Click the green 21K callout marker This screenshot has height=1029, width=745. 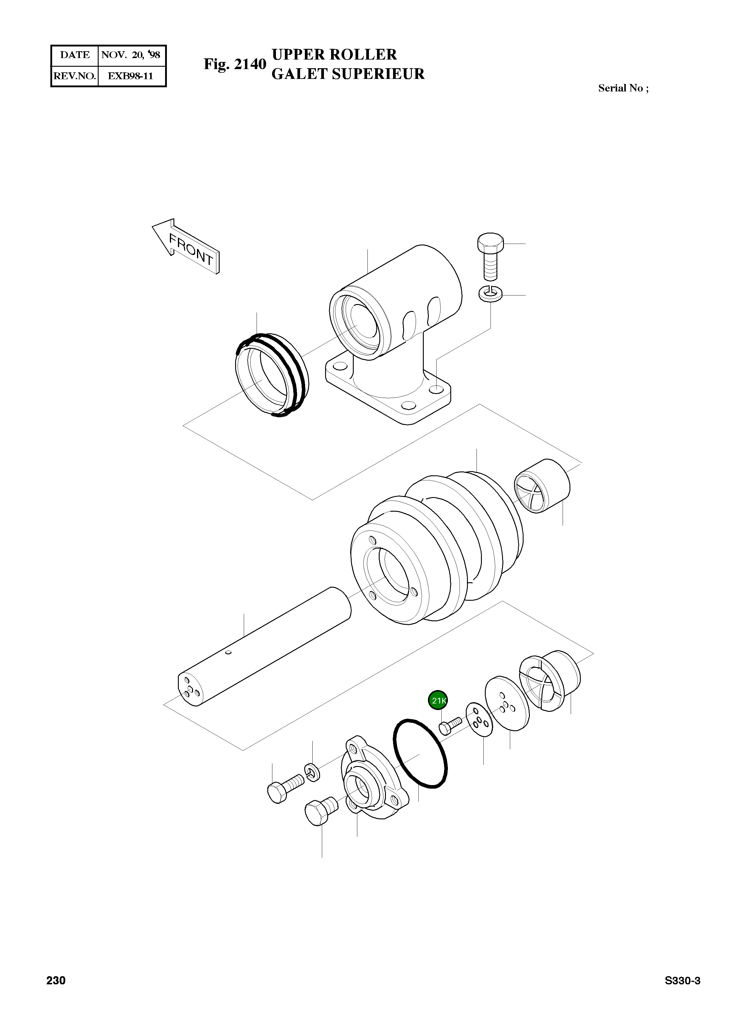[x=438, y=700]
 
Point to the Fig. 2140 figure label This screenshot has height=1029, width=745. [x=235, y=64]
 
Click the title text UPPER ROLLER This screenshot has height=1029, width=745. [x=334, y=55]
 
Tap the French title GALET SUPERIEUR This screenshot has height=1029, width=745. [x=348, y=74]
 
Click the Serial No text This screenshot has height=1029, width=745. [x=623, y=88]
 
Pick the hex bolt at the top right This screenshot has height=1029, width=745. [x=490, y=257]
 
